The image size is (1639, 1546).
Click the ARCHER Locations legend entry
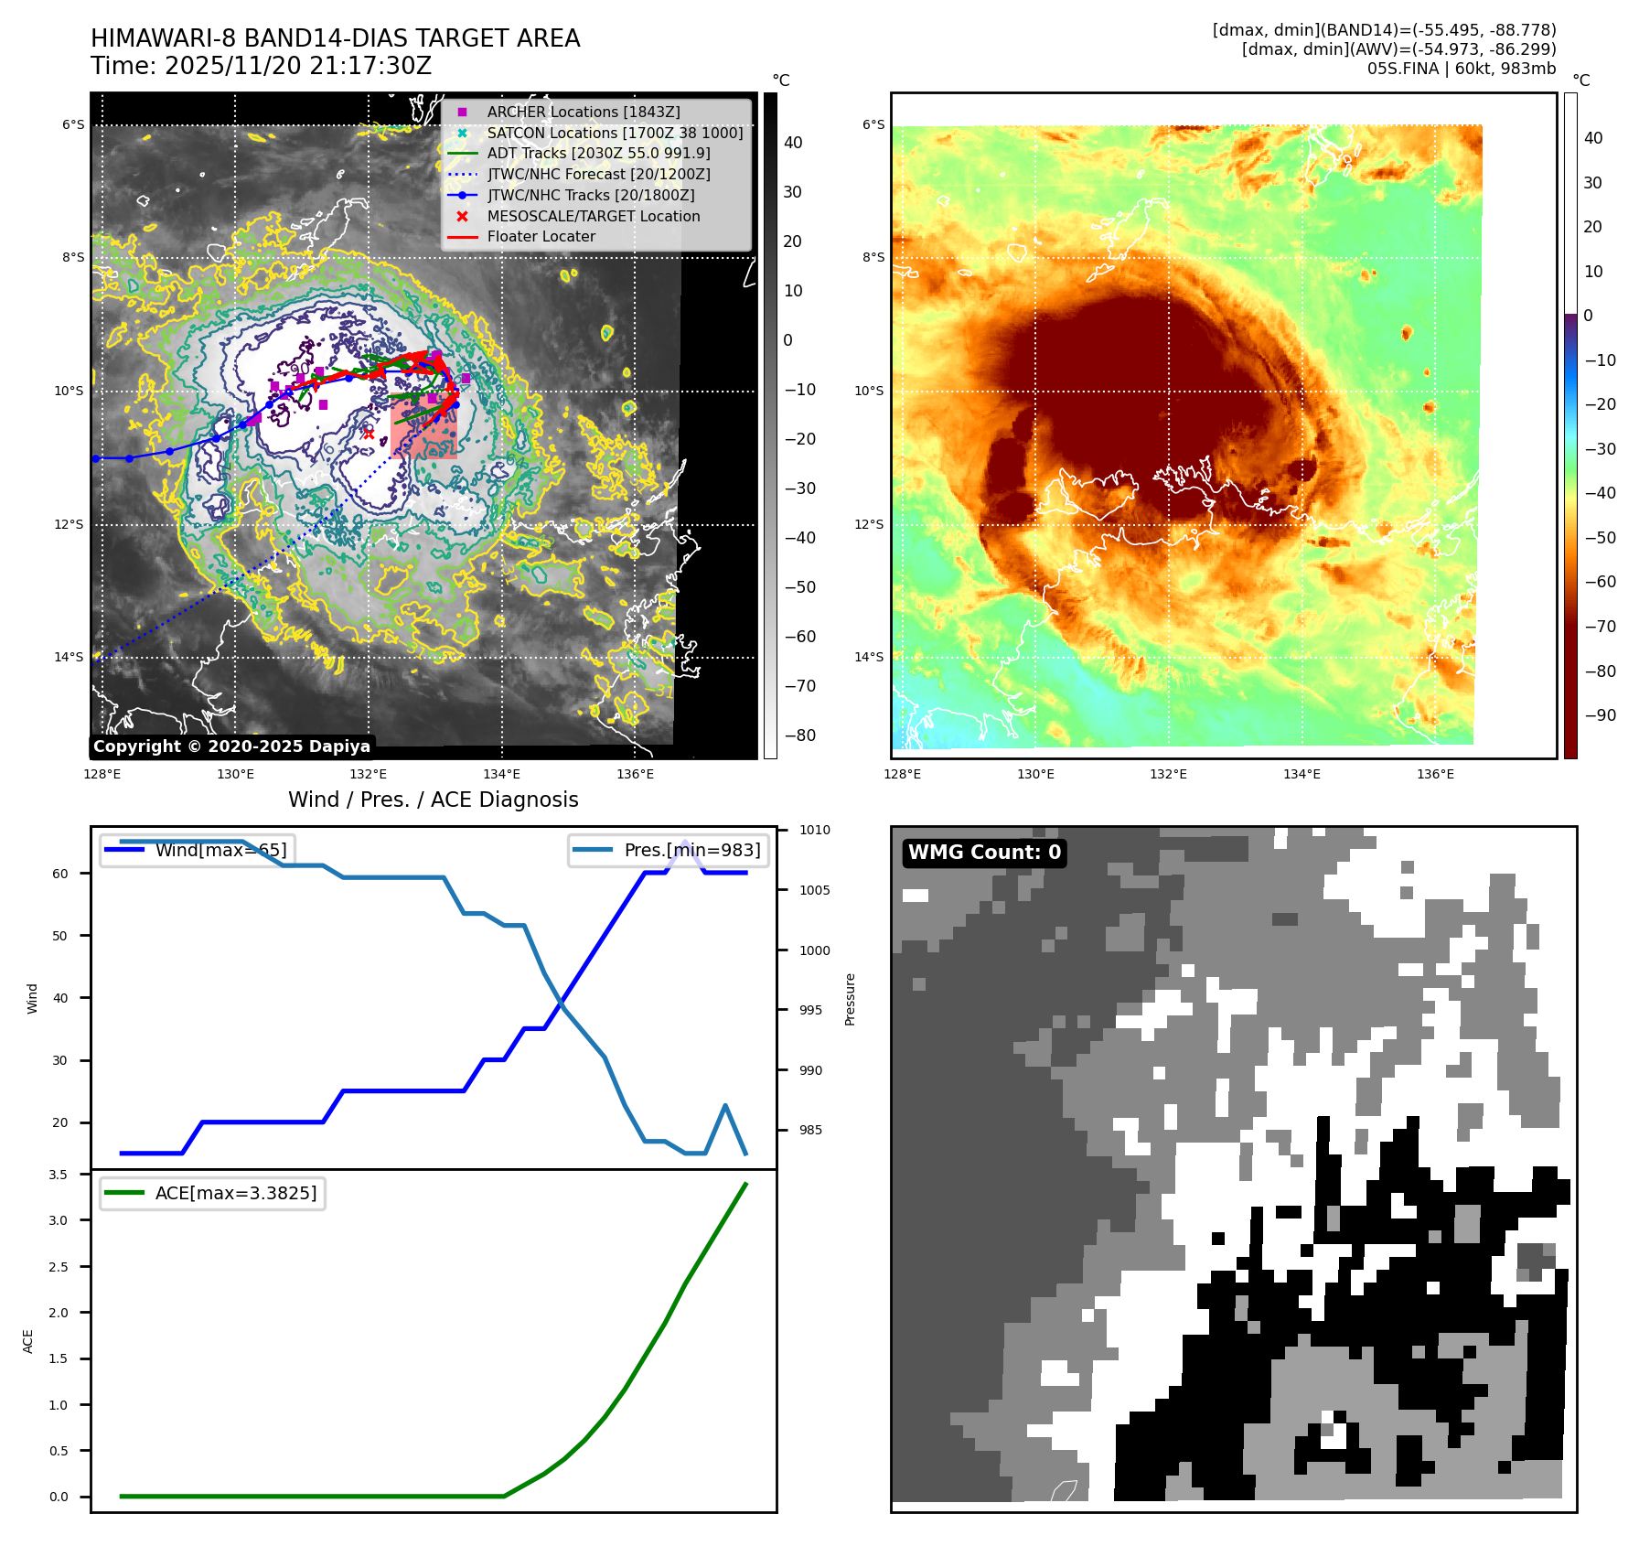click(x=583, y=112)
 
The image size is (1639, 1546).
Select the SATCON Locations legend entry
click(x=614, y=133)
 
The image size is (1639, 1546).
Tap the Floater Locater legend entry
click(x=541, y=236)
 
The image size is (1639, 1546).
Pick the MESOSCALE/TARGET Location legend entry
click(x=593, y=216)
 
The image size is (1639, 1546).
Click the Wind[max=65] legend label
click(x=220, y=850)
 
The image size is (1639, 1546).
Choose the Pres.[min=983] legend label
click(x=691, y=850)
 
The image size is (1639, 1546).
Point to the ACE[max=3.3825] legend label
click(x=235, y=1193)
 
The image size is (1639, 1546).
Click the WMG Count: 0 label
click(x=984, y=853)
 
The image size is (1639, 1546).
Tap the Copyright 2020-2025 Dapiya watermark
click(x=231, y=746)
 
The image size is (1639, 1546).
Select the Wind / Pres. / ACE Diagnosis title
click(x=433, y=800)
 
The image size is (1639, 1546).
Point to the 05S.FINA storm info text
click(x=1461, y=69)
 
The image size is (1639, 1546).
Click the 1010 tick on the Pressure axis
click(x=814, y=830)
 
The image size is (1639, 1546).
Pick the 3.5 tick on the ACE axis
click(x=59, y=1175)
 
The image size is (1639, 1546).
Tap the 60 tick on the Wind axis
click(x=60, y=874)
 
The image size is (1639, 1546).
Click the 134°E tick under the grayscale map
click(x=501, y=774)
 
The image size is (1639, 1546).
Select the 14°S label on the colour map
click(x=869, y=657)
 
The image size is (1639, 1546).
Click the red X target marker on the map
click(x=369, y=434)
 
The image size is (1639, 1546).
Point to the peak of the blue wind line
click(x=685, y=842)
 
